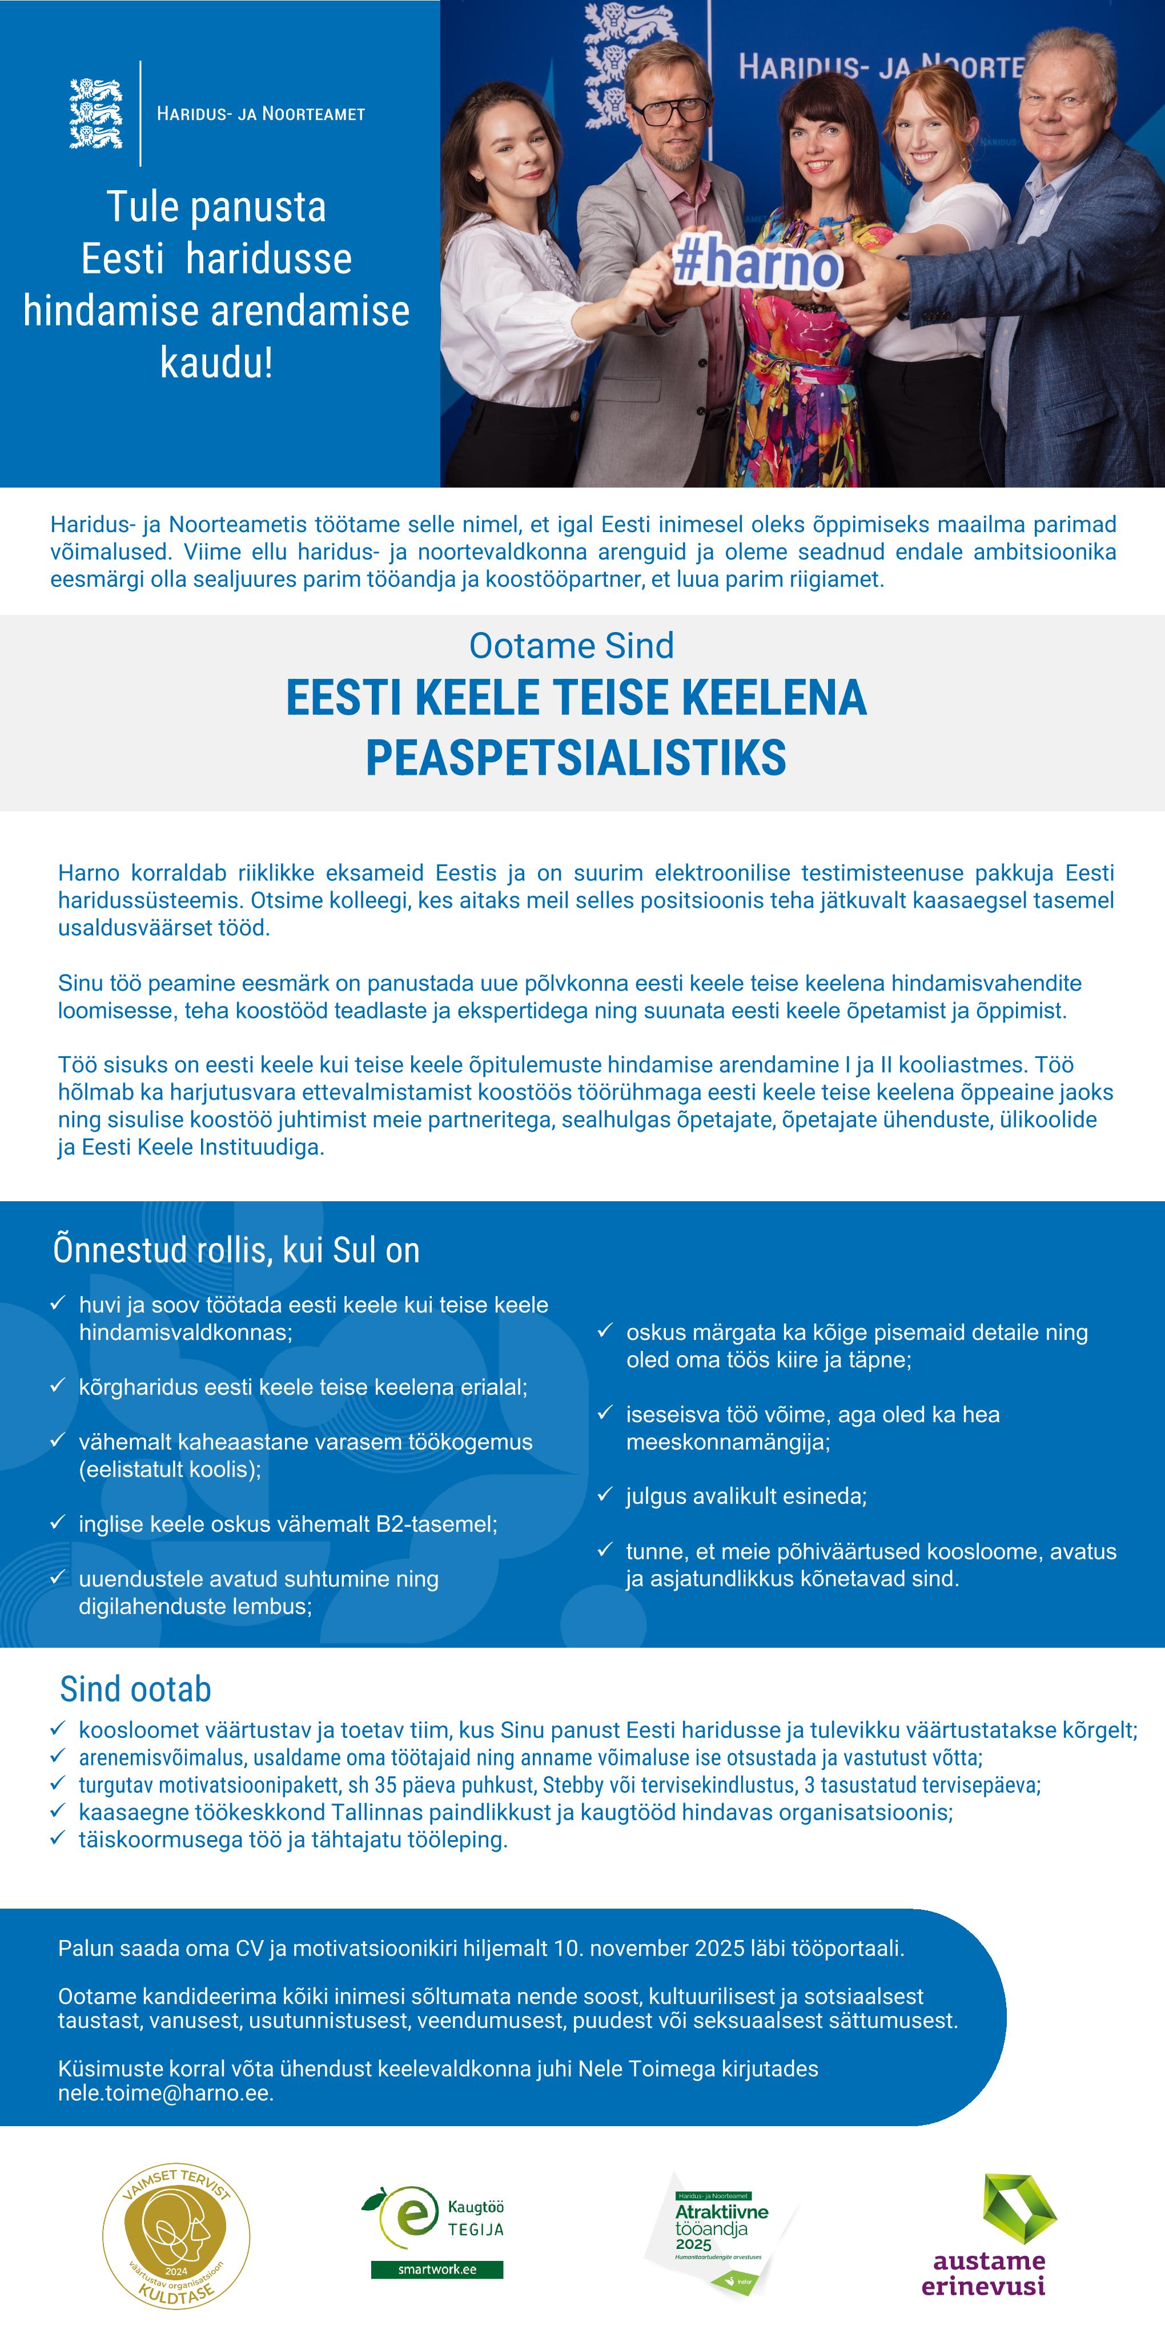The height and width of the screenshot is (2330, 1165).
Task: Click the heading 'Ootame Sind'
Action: tap(572, 646)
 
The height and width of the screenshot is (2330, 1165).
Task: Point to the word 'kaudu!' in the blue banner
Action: tap(216, 363)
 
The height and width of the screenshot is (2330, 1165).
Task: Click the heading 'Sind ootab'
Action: tap(136, 1689)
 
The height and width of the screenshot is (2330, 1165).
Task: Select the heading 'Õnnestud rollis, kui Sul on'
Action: tap(236, 1251)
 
